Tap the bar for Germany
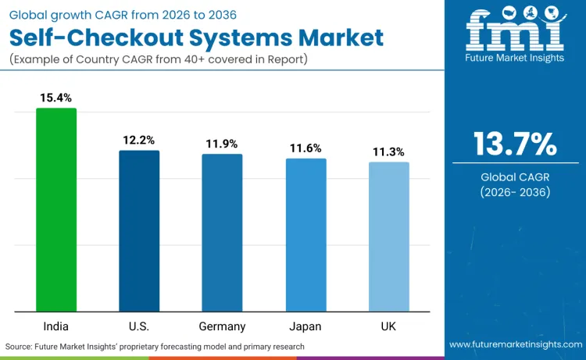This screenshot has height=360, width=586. coord(222,233)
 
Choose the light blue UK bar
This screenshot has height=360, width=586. coord(388,237)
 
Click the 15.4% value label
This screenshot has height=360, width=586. coord(56,98)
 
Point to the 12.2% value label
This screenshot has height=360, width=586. coord(139,140)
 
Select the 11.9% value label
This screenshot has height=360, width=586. coord(222,144)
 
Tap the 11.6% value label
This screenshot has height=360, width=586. coord(306,148)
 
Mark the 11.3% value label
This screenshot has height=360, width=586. coord(388,151)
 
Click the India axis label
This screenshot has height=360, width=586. coord(56,326)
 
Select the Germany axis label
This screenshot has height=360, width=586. coord(222,326)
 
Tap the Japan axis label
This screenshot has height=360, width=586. coord(306,326)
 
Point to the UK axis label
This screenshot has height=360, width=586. coord(388,326)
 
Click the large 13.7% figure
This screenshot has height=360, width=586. coord(515,144)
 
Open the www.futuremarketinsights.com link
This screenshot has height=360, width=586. coord(515,344)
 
